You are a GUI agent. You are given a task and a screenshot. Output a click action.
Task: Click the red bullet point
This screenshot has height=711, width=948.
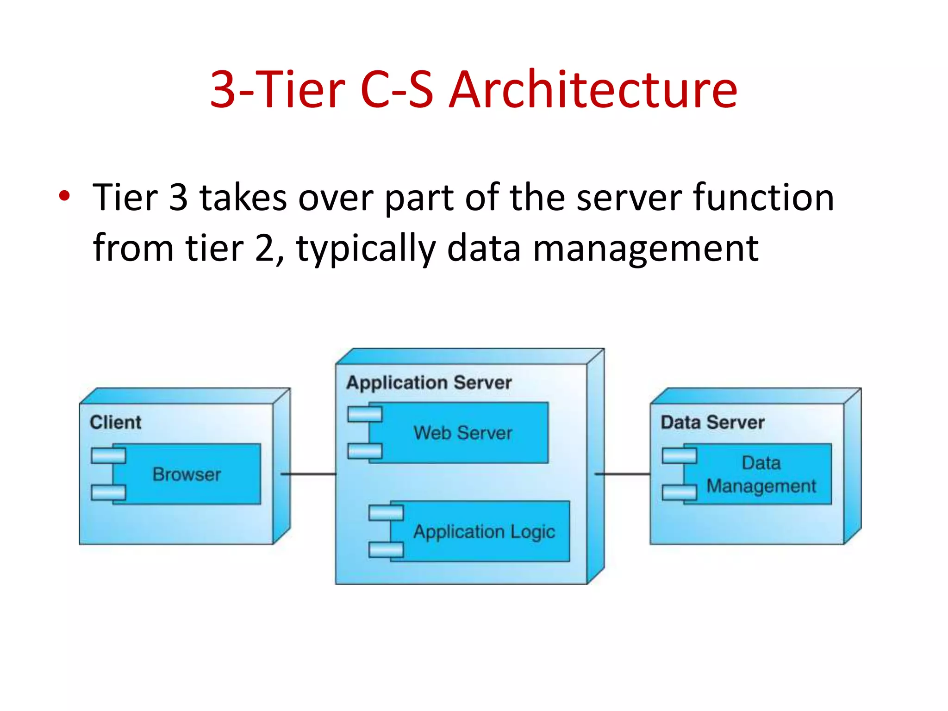pos(64,196)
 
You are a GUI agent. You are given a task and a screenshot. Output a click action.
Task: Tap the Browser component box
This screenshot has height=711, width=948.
pos(187,474)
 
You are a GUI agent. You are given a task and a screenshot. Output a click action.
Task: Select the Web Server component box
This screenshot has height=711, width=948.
pos(463,433)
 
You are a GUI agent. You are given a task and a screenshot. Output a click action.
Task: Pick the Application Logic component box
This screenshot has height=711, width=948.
pos(484,531)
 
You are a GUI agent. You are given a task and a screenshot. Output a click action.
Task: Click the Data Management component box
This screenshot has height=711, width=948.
pos(761,474)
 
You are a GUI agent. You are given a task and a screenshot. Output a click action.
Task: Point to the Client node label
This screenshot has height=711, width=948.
pos(115,422)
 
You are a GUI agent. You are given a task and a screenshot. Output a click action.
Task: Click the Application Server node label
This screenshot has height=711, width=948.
pos(429,382)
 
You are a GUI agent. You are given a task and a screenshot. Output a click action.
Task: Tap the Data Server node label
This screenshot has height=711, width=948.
pos(712,422)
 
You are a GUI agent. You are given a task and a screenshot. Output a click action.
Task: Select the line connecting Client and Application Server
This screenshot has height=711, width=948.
pos(308,474)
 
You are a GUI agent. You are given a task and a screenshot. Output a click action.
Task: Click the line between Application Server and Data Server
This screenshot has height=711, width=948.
pos(623,474)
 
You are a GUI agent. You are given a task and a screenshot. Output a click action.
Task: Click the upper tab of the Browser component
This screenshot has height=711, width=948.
pos(108,455)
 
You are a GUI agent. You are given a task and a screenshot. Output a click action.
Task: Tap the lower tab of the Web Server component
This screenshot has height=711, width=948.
pos(365,451)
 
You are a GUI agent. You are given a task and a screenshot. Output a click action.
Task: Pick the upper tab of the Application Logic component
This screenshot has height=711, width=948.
pos(386,513)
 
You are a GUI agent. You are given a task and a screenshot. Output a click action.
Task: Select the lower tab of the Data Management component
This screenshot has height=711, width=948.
pos(679,493)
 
